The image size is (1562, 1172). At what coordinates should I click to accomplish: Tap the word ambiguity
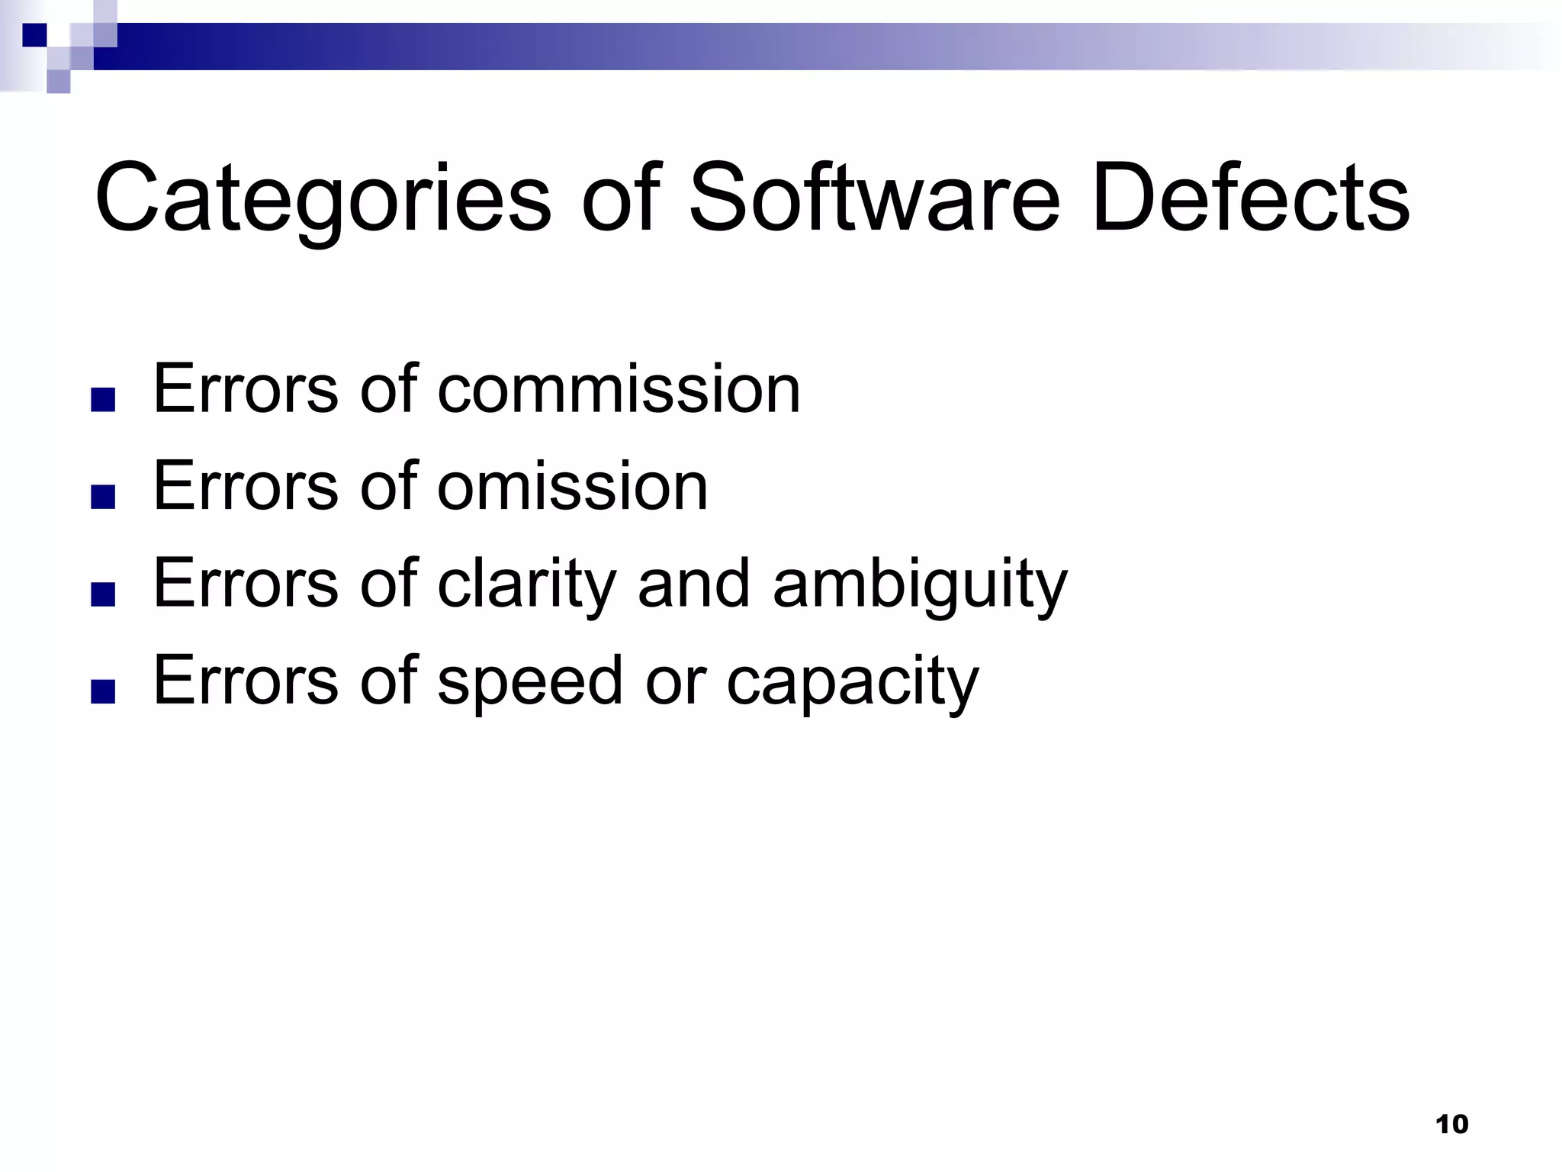pyautogui.click(x=920, y=584)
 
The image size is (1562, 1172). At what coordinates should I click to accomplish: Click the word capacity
pyautogui.click(x=852, y=681)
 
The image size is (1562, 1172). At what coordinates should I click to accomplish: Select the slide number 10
pyautogui.click(x=1451, y=1124)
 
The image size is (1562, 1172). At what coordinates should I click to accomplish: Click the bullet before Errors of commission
pyautogui.click(x=103, y=401)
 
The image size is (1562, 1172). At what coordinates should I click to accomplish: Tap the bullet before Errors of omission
pyautogui.click(x=103, y=497)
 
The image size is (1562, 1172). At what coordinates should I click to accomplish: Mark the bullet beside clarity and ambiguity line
pyautogui.click(x=103, y=595)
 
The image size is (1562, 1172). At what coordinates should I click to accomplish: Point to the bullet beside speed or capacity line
pyautogui.click(x=103, y=691)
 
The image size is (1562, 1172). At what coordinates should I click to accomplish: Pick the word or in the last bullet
pyautogui.click(x=676, y=681)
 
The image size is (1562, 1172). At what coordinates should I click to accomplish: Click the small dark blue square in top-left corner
pyautogui.click(x=34, y=35)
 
